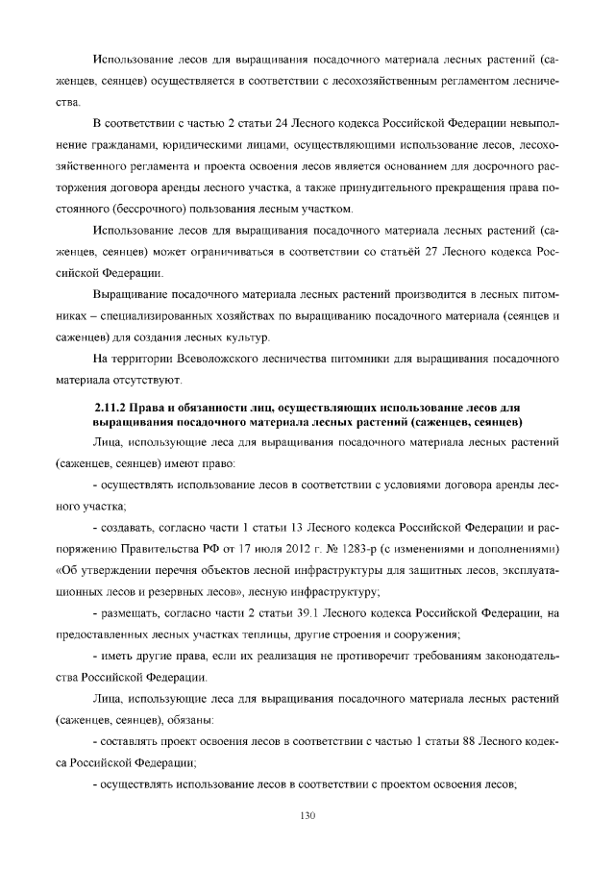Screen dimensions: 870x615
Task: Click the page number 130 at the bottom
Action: pyautogui.click(x=307, y=816)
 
